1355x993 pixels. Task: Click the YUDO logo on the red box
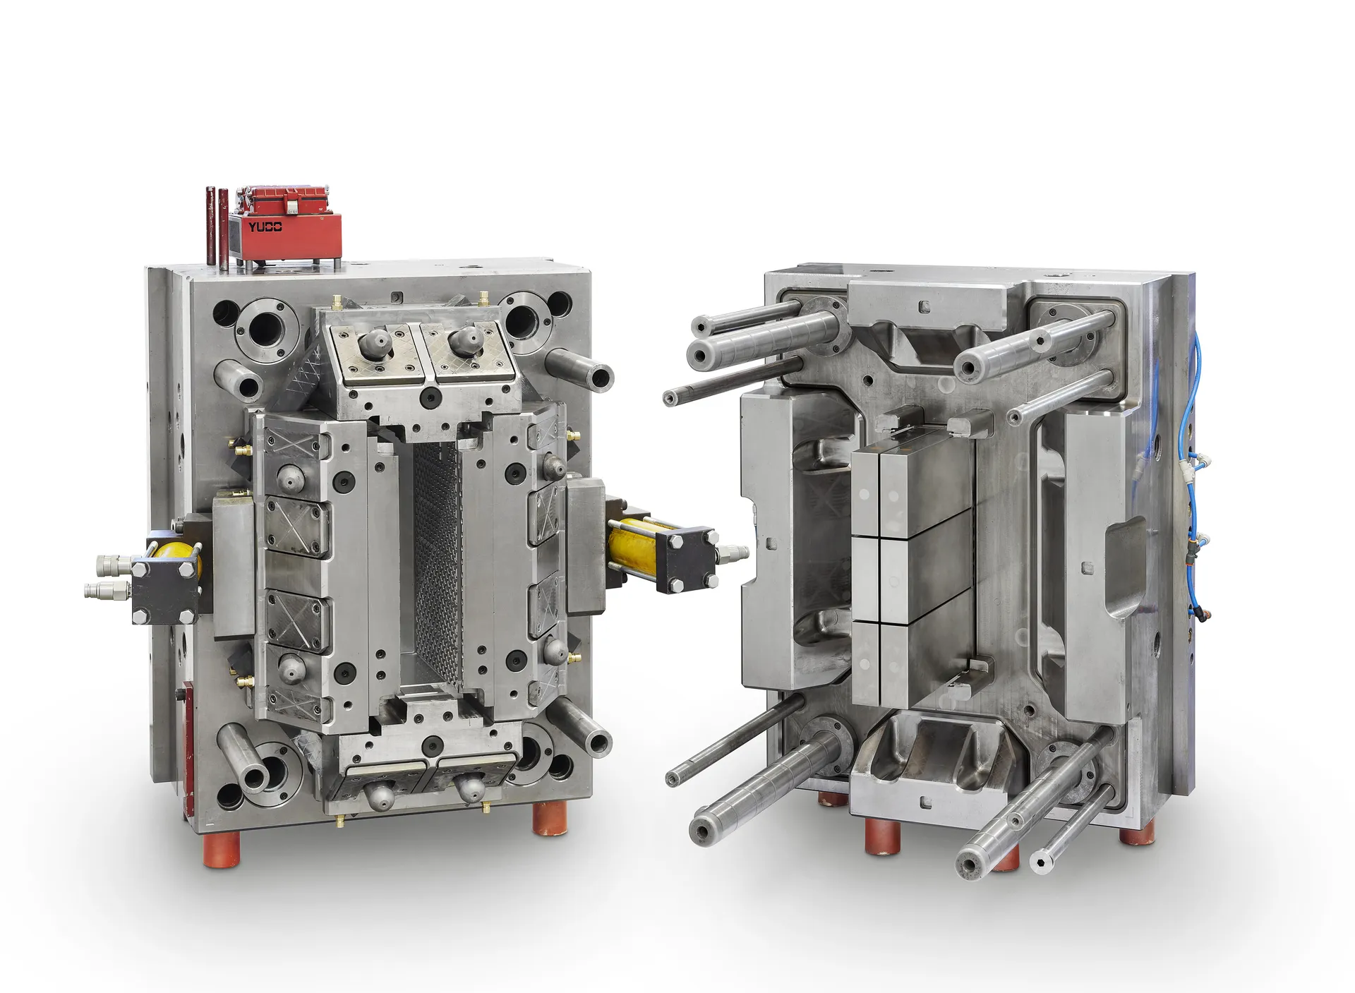(265, 227)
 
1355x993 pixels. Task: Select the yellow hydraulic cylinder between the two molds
(630, 546)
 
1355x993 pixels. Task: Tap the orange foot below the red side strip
(222, 849)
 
